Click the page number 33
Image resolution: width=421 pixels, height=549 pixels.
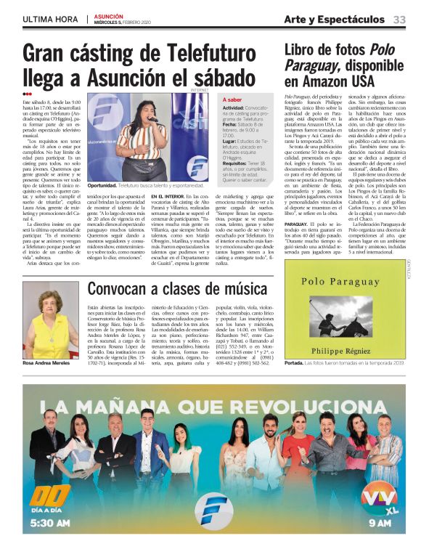pyautogui.click(x=399, y=19)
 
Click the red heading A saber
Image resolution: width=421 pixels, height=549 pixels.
pyautogui.click(x=232, y=99)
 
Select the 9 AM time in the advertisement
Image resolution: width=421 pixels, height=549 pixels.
pyautogui.click(x=380, y=521)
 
